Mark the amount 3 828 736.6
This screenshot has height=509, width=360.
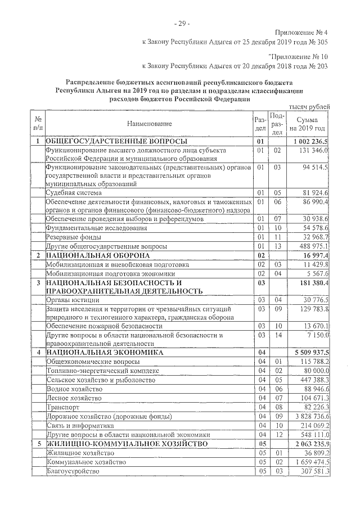(311, 416)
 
